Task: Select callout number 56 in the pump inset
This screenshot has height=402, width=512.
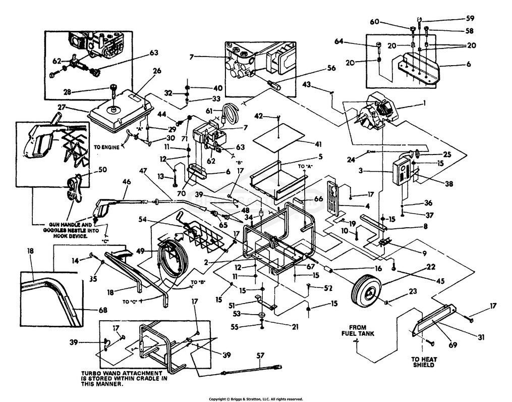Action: [331, 67]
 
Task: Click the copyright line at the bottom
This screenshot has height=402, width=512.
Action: [256, 398]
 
